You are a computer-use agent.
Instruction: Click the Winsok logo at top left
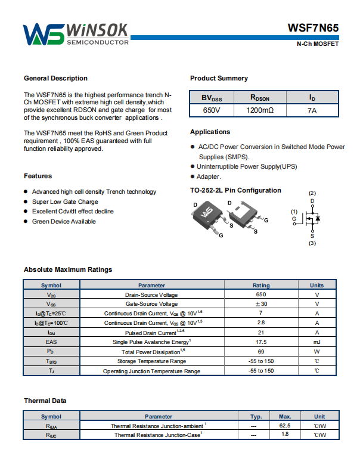tap(76, 34)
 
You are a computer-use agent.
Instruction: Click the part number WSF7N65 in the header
tap(313, 28)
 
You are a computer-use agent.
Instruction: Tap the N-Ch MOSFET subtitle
tap(318, 45)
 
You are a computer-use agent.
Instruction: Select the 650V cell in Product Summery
tap(212, 111)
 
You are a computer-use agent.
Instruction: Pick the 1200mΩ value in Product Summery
tap(260, 111)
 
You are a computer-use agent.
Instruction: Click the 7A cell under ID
tap(312, 111)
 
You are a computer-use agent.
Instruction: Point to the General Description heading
tap(55, 78)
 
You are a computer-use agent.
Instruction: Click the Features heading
tap(38, 176)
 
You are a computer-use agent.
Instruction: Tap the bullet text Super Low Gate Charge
tap(65, 201)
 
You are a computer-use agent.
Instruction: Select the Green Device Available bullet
tap(63, 221)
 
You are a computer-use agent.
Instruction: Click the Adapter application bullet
tap(209, 176)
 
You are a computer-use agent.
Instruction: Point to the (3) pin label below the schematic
tap(312, 243)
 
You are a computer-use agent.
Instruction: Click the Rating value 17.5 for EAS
tap(261, 342)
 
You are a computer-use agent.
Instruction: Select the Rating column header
tap(261, 286)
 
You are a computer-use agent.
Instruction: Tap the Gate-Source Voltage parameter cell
tap(151, 304)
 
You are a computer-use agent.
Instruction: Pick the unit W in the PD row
tap(317, 352)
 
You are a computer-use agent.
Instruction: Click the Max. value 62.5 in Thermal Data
tap(284, 426)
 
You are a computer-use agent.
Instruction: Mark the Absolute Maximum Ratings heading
tap(68, 269)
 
